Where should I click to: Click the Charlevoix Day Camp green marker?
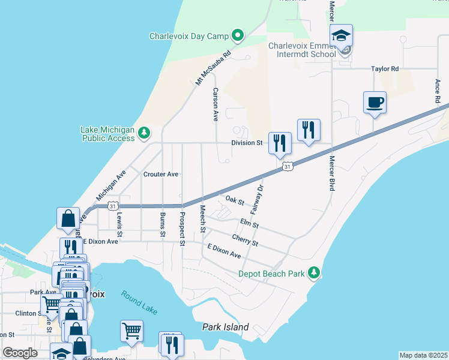[237, 36]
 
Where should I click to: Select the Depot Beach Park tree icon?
[313, 274]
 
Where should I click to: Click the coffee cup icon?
[375, 102]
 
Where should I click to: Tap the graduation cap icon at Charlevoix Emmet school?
[341, 36]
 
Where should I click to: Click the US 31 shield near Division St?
[288, 166]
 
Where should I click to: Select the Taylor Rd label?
[385, 69]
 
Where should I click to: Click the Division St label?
[248, 143]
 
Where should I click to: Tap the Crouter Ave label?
[161, 174]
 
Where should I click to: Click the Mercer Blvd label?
[331, 173]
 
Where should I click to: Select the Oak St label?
[235, 200]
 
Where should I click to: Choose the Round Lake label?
[139, 302]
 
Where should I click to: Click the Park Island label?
[225, 328]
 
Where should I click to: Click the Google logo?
[20, 353]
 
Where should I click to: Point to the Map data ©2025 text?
[423, 355]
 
